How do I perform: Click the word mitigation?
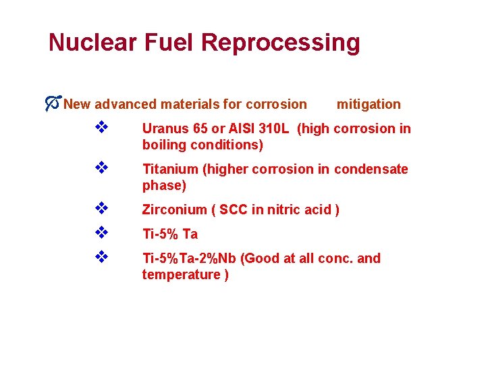(x=369, y=104)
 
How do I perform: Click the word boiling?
(x=163, y=145)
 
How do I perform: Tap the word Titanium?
(x=168, y=169)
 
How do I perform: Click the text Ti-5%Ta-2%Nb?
(x=190, y=258)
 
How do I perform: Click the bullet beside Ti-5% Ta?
(x=101, y=233)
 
